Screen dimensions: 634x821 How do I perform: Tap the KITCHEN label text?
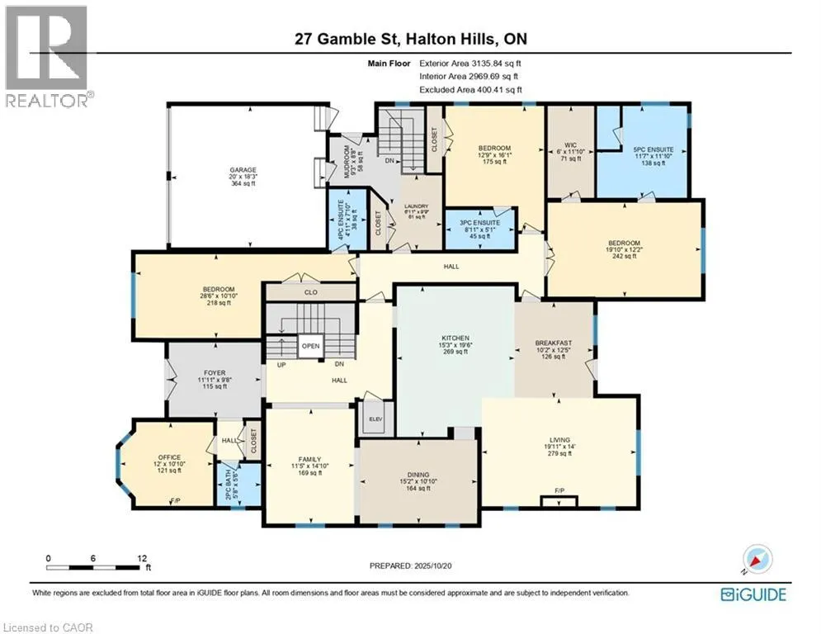pos(455,338)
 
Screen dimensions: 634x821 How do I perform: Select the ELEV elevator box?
pos(376,419)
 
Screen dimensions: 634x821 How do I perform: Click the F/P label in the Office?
pos(175,501)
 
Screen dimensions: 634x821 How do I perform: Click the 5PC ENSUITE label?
pos(648,150)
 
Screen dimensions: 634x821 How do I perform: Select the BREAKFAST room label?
pos(554,343)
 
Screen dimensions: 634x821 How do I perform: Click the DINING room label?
pos(419,475)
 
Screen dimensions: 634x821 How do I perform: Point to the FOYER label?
pos(215,372)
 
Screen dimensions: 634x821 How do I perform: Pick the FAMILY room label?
pos(309,459)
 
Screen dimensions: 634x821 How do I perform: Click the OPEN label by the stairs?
pos(310,346)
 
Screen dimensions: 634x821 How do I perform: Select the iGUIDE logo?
pos(753,594)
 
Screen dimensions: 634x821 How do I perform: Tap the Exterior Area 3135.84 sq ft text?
pos(470,63)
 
